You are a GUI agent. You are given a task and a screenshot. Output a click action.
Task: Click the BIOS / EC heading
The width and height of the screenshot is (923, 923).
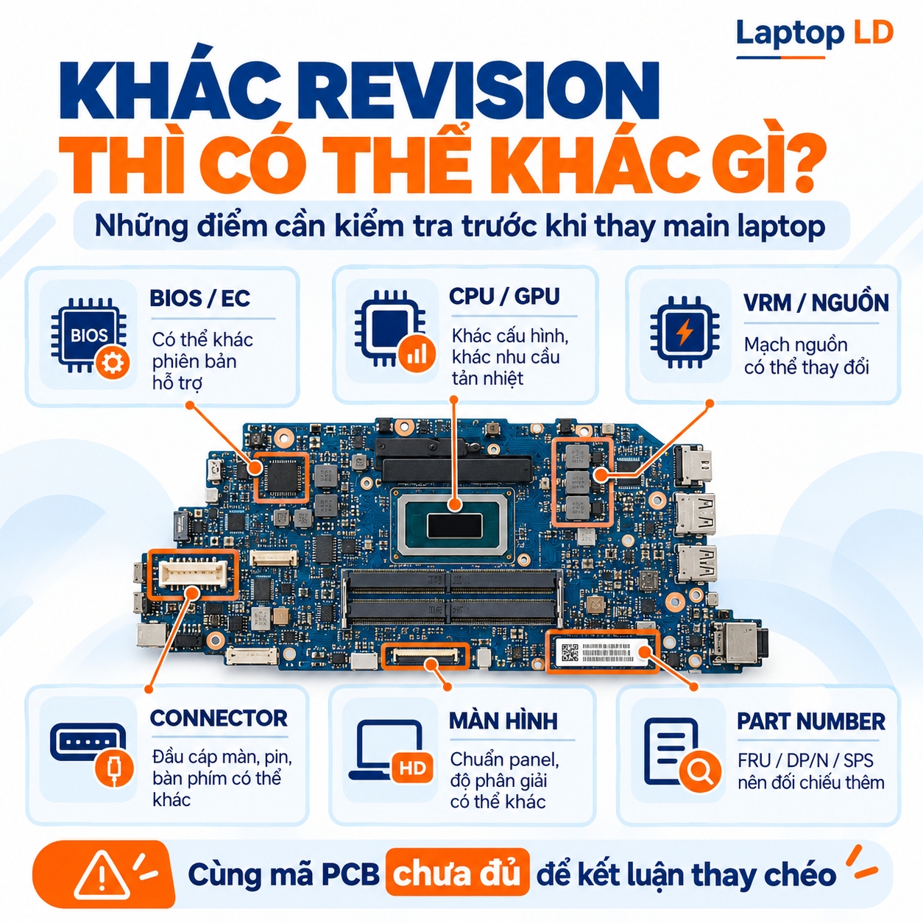click(199, 298)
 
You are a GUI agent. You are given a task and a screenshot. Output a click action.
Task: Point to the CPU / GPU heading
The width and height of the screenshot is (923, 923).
click(504, 297)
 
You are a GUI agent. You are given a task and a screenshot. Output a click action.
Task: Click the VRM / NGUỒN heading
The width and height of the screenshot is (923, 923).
click(816, 303)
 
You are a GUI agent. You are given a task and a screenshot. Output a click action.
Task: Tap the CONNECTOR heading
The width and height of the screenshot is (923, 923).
click(219, 718)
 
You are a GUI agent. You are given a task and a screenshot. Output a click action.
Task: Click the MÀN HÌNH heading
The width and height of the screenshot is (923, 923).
click(503, 721)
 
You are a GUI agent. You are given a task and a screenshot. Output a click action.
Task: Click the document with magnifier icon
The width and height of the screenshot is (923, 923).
click(681, 754)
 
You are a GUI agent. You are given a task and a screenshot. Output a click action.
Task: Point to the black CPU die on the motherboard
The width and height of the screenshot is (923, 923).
click(455, 526)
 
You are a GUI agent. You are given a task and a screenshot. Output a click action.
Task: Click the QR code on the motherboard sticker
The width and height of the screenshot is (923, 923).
click(570, 652)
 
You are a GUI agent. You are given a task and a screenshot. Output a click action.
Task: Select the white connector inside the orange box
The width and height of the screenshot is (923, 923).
click(194, 574)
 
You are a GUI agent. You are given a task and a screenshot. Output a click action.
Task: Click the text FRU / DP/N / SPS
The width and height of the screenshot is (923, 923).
click(805, 760)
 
